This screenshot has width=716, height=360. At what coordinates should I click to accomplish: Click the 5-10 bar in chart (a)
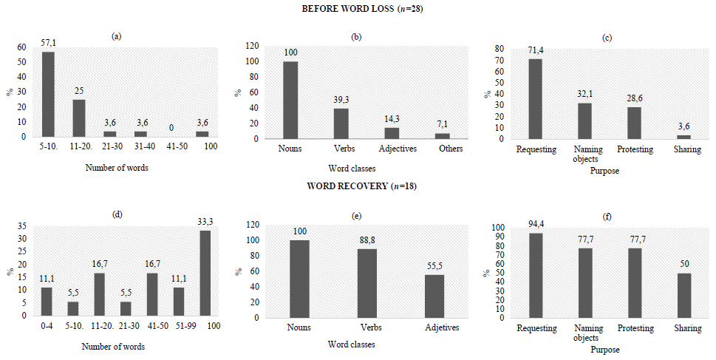tap(48, 95)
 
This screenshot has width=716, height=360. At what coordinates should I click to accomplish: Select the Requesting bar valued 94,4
tap(536, 275)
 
